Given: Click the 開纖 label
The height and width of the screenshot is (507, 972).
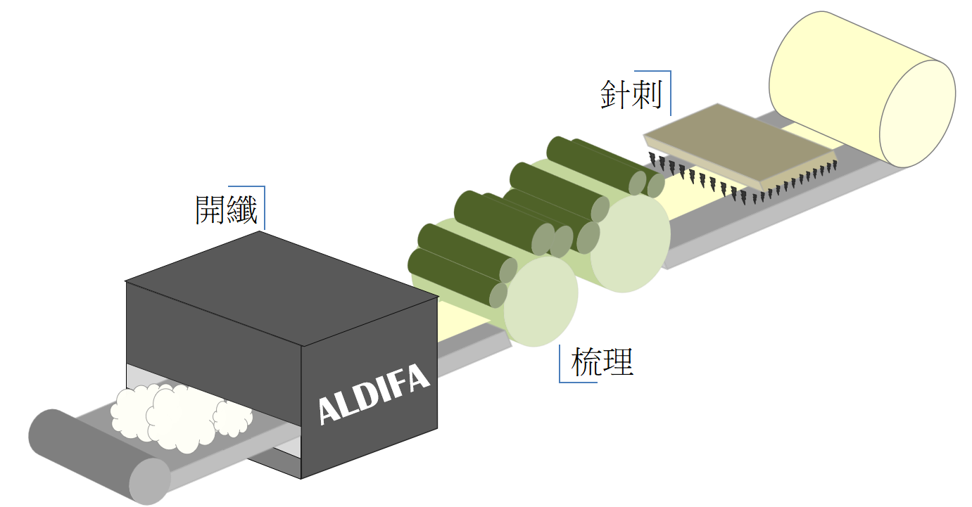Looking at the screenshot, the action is click(226, 210).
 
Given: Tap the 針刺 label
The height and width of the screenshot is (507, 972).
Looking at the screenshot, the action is click(631, 94).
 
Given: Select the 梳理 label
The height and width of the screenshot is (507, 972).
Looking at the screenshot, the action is click(602, 361).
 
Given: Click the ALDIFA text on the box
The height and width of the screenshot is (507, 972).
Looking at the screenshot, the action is click(374, 394).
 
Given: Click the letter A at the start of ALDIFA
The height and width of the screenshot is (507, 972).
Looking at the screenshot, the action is click(329, 410).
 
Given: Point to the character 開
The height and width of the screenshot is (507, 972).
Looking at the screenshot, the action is click(210, 210).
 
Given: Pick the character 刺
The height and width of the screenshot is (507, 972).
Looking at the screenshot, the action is click(648, 94).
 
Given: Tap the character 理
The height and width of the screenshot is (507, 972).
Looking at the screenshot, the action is click(619, 361).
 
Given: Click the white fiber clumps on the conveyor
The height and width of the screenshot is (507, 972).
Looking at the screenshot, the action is click(181, 417).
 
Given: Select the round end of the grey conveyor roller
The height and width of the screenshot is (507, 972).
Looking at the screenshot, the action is click(150, 482).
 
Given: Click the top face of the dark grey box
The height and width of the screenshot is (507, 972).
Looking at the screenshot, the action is click(282, 288).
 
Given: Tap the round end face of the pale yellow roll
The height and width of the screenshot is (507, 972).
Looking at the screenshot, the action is click(917, 114).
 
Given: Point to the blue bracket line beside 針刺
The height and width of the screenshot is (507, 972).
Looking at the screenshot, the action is click(671, 93).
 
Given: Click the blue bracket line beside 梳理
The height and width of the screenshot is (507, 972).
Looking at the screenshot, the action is click(560, 364).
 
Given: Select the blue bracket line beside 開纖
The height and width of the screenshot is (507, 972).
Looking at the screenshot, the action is click(264, 207).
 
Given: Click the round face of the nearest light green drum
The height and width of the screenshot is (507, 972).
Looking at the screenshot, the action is click(541, 302).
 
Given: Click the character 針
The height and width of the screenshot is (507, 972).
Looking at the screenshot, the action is click(616, 94).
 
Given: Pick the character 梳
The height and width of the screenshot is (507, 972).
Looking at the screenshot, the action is click(587, 361).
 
